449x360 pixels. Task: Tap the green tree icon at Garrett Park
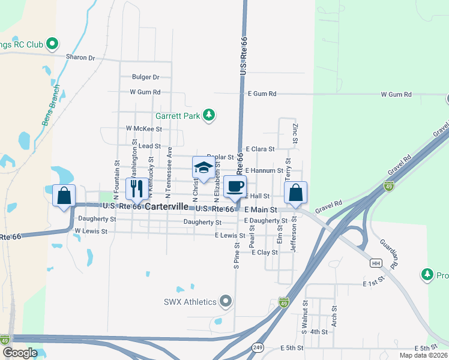(209, 115)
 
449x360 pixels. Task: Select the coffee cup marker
(235, 186)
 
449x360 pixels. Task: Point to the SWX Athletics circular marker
(226, 300)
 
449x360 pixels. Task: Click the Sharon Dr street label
(83, 58)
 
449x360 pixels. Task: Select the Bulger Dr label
(146, 77)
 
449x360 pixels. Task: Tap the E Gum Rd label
(262, 94)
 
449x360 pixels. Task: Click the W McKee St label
(144, 128)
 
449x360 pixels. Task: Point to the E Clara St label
(261, 149)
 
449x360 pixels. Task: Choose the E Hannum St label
(264, 170)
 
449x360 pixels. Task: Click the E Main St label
(261, 210)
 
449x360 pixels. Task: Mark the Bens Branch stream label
(51, 105)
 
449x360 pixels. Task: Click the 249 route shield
(258, 347)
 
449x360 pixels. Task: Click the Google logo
(20, 353)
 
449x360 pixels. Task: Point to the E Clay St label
(265, 253)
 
